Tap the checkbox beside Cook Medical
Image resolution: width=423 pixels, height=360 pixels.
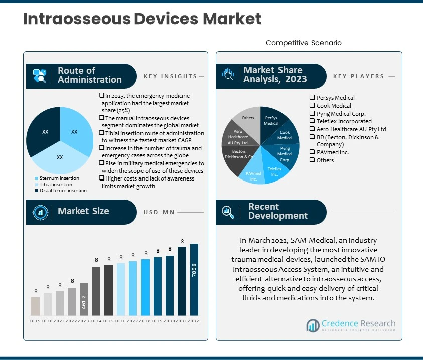[x=312, y=106]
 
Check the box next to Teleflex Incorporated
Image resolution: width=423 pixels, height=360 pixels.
[x=312, y=121]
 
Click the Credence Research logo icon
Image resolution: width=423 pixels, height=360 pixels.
[x=314, y=326]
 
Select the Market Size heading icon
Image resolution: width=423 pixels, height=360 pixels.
[x=40, y=212]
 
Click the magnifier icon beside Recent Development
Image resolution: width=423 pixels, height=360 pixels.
[x=229, y=212]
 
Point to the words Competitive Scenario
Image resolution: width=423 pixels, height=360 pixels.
[x=304, y=43]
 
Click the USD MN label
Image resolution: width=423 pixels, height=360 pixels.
[x=159, y=212]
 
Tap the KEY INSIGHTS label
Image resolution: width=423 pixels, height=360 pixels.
[x=170, y=77]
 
